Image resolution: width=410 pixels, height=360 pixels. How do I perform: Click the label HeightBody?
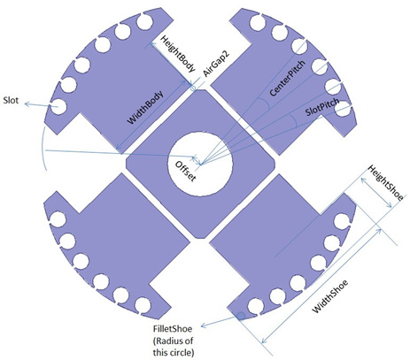pyautogui.click(x=178, y=54)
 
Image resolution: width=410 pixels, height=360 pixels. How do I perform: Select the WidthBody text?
pyautogui.click(x=145, y=108)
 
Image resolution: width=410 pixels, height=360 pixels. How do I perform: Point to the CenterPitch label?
pyautogui.click(x=287, y=78)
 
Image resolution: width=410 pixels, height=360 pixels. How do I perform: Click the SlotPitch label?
pyautogui.click(x=322, y=108)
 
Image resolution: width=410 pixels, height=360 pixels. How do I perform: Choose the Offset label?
pyautogui.click(x=185, y=172)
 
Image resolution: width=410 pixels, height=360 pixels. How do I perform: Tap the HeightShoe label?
pyautogui.click(x=385, y=183)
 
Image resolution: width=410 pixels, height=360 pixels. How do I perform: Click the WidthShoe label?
pyautogui.click(x=330, y=295)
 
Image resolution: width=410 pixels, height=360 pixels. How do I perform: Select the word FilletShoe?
pyautogui.click(x=173, y=329)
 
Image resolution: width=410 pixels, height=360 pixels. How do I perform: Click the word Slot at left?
pyautogui.click(x=11, y=100)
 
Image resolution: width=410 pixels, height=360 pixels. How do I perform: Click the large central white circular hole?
pyautogui.click(x=200, y=165)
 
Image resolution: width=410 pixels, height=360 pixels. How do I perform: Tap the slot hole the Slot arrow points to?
pyautogui.click(x=58, y=106)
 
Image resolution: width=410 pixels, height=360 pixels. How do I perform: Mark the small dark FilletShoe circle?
pyautogui.click(x=241, y=316)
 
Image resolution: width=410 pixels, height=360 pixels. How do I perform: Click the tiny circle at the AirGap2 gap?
pyautogui.click(x=193, y=88)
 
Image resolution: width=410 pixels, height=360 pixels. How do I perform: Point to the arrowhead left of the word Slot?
pyautogui.click(x=27, y=103)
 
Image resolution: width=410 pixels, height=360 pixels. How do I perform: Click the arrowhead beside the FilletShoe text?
pyautogui.click(x=204, y=326)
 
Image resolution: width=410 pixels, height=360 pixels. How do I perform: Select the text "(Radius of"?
pyautogui.click(x=173, y=341)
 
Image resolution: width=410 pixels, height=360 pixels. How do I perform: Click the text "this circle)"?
pyautogui.click(x=174, y=353)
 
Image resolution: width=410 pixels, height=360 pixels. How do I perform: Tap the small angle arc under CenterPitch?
pyautogui.click(x=265, y=103)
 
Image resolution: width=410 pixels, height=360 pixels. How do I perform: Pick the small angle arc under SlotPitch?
pyautogui.click(x=294, y=121)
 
